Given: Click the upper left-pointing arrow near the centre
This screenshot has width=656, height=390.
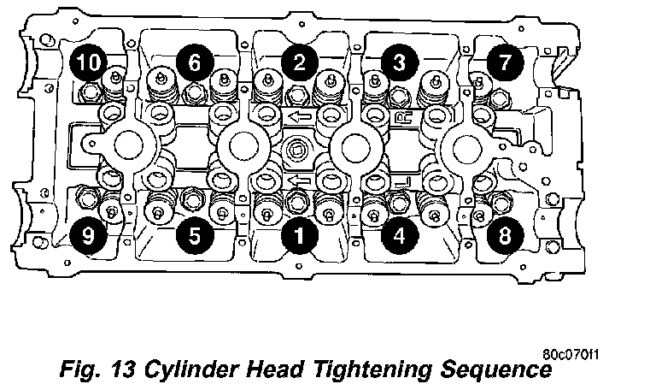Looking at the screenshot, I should (299, 116).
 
